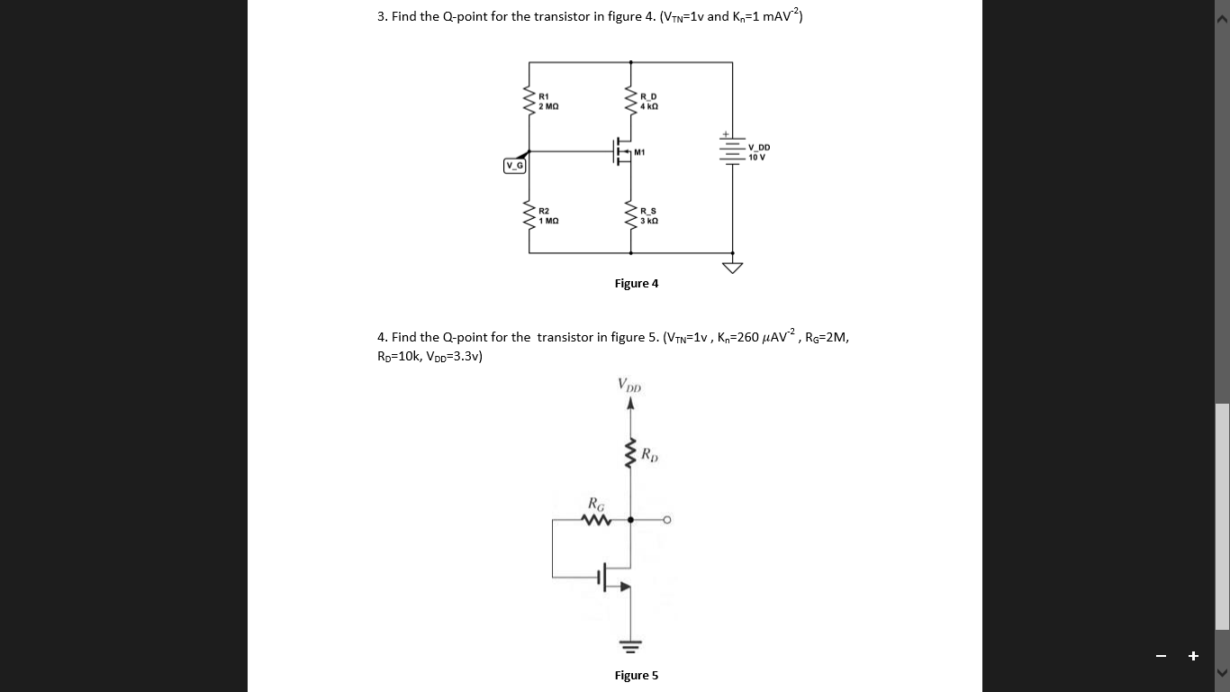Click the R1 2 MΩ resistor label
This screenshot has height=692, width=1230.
[x=548, y=101]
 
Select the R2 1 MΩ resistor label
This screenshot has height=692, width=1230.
[x=548, y=215]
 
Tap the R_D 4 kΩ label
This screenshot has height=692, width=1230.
[x=648, y=101]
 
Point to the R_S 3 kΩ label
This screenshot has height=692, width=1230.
[x=648, y=215]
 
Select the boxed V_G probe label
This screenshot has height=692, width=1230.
[x=514, y=166]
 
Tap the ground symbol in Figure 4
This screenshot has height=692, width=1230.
[x=733, y=267]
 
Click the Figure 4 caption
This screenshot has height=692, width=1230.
[x=636, y=284]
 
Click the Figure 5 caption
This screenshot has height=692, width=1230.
[x=636, y=676]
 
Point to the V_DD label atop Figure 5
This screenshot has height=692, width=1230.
[x=629, y=385]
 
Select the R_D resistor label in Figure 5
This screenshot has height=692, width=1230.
[x=650, y=454]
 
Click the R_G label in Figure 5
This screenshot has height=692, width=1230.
[x=595, y=503]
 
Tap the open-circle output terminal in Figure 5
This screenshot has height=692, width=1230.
[x=668, y=520]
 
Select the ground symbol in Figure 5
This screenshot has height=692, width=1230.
[x=629, y=645]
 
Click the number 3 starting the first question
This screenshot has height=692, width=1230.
[x=381, y=16]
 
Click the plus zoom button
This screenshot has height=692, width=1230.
[x=1193, y=656]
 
